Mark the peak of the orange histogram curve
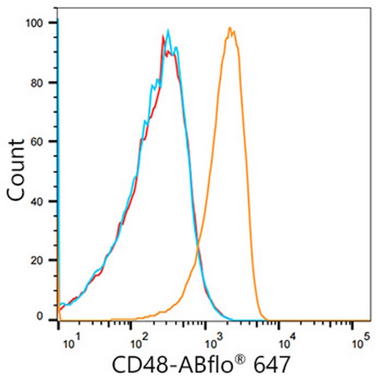coord(230,28)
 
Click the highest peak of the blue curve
coord(168,30)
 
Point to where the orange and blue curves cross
coord(198,246)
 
